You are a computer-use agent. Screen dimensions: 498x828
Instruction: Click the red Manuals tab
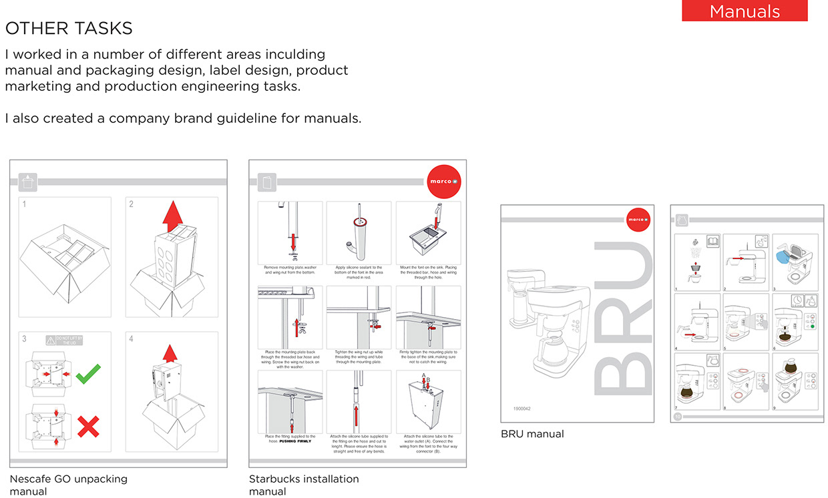pyautogui.click(x=745, y=11)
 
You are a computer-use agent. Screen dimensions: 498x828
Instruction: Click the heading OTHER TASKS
pyautogui.click(x=69, y=28)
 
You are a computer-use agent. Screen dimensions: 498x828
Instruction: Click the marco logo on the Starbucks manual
pyautogui.click(x=443, y=181)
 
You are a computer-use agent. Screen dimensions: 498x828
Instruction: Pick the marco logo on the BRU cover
pyautogui.click(x=638, y=219)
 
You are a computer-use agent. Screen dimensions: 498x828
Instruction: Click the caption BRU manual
pyautogui.click(x=532, y=434)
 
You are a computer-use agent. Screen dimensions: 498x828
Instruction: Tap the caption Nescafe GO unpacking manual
pyautogui.click(x=68, y=485)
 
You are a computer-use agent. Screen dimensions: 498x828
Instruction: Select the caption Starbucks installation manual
pyautogui.click(x=304, y=485)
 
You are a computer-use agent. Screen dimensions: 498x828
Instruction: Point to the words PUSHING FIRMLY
pyautogui.click(x=296, y=441)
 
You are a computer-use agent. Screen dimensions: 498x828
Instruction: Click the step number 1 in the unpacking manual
pyautogui.click(x=24, y=204)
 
